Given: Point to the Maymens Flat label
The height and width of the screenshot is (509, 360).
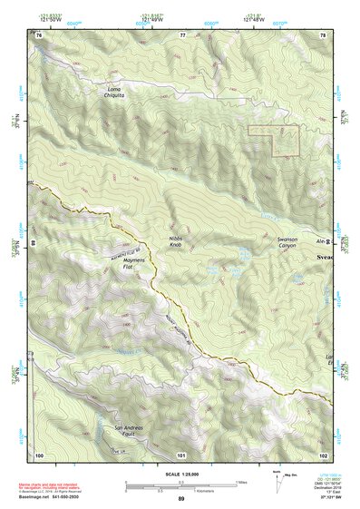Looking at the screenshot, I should click(x=122, y=264).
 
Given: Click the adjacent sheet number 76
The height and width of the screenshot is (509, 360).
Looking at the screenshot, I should click(x=39, y=34).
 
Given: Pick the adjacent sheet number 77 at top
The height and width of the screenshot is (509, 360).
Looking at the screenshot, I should click(x=181, y=34).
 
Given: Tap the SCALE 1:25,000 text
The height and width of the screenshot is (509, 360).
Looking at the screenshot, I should click(x=180, y=474).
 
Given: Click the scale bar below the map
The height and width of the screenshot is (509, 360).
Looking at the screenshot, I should click(x=180, y=485).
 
